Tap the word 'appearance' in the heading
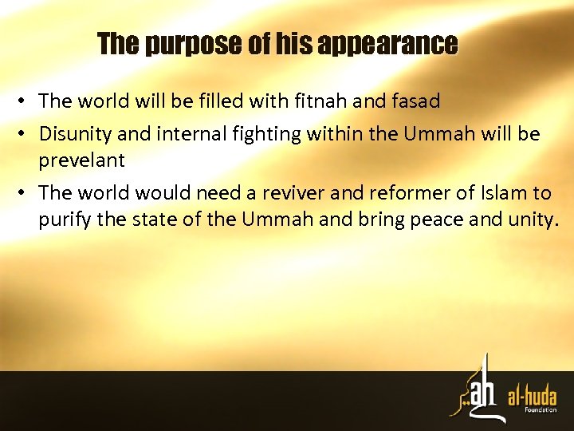click(x=387, y=44)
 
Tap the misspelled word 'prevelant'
click(x=81, y=160)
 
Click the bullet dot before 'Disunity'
click(x=26, y=133)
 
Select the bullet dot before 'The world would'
click(x=26, y=193)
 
